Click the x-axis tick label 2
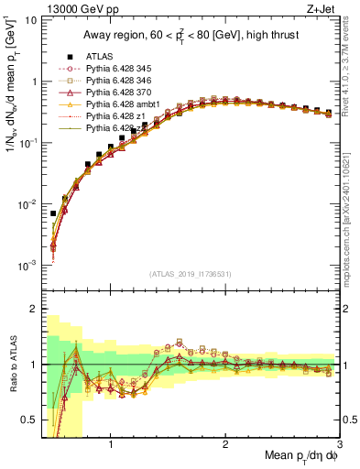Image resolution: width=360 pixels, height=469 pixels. (225, 444)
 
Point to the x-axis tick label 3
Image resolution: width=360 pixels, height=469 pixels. (339, 444)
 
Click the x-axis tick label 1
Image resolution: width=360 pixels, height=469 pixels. (111, 444)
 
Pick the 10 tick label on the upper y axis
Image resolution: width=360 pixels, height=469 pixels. (30, 19)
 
